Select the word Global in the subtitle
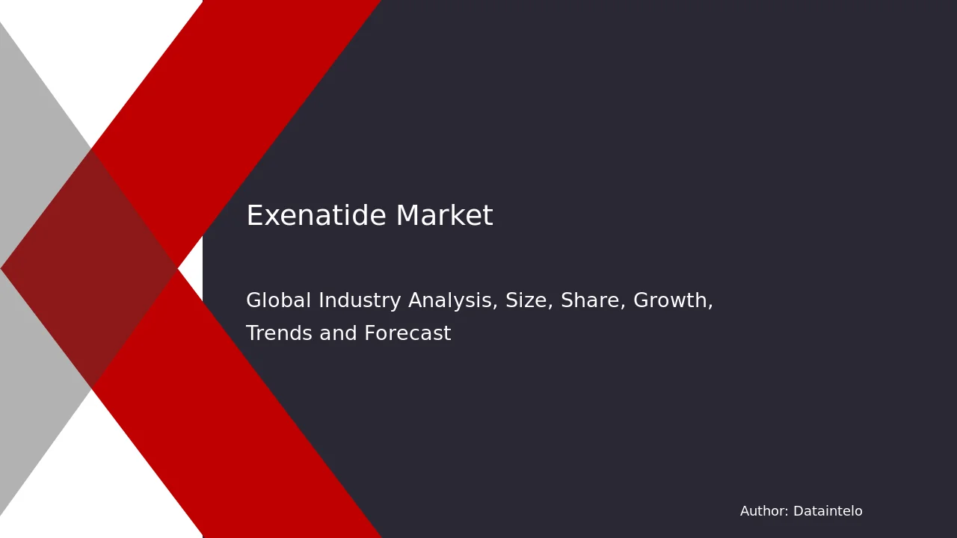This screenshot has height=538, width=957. [x=279, y=300]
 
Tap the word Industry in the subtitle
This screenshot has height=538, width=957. [x=360, y=301]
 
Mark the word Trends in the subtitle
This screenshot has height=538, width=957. [x=279, y=333]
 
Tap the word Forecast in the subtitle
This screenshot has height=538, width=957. [x=407, y=333]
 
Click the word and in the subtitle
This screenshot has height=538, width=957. [x=338, y=333]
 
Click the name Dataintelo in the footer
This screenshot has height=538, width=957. [x=828, y=511]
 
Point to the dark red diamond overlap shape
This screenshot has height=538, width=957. [x=89, y=268]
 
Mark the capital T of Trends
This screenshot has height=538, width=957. [x=253, y=333]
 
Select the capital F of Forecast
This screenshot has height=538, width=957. [x=369, y=333]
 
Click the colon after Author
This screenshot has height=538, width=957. [x=787, y=513]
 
